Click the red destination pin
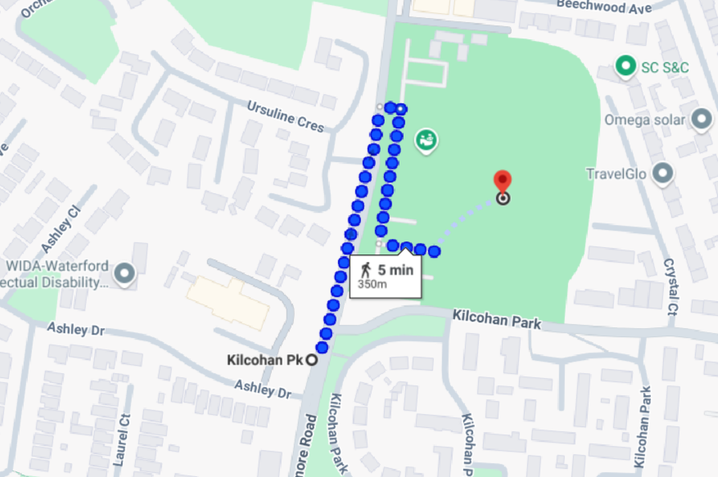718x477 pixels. click(503, 182)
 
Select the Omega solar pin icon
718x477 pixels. click(701, 119)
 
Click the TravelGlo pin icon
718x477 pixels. click(663, 173)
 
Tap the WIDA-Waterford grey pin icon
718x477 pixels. click(124, 274)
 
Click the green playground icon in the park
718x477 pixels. click(425, 141)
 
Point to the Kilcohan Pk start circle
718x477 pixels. click(312, 359)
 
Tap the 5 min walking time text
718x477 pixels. click(395, 269)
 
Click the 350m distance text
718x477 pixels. click(373, 284)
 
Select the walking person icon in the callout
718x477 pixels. click(366, 268)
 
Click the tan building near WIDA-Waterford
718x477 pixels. click(228, 299)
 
